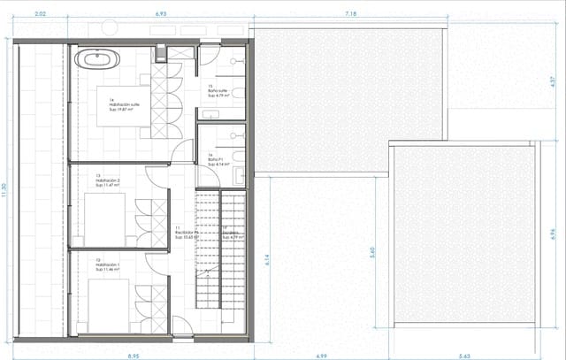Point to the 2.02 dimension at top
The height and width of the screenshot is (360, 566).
pyautogui.click(x=39, y=15)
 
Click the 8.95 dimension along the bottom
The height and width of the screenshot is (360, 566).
pyautogui.click(x=133, y=355)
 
